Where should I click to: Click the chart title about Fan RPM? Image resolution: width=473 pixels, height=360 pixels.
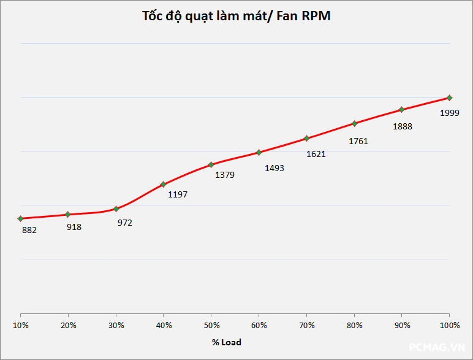(236, 17)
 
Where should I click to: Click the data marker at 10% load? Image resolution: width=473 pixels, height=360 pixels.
(21, 218)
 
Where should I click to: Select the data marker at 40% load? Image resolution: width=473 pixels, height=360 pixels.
(163, 184)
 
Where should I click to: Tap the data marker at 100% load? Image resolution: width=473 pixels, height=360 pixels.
(450, 98)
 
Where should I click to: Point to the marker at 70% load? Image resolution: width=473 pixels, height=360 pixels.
(306, 138)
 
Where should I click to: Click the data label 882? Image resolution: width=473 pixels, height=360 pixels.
(29, 231)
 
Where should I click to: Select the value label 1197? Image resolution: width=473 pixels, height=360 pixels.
(178, 194)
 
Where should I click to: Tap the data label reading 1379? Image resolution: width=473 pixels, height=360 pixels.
(224, 175)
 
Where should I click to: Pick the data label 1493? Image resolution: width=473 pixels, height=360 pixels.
(274, 168)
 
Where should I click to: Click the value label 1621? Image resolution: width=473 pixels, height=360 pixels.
(316, 154)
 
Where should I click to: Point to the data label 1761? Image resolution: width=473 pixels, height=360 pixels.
(358, 141)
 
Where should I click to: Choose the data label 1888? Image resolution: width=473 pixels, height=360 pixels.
(403, 127)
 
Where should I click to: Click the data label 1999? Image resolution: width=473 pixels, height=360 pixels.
(450, 113)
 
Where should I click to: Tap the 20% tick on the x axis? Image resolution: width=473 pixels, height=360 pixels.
(69, 325)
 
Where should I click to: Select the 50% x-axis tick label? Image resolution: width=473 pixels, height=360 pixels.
(211, 325)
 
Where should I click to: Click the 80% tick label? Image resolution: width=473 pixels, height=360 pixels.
(354, 325)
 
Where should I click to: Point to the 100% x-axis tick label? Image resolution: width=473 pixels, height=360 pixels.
(450, 325)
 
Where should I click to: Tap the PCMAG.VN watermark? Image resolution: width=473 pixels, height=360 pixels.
(437, 347)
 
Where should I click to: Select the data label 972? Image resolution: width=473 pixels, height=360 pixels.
(125, 223)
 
